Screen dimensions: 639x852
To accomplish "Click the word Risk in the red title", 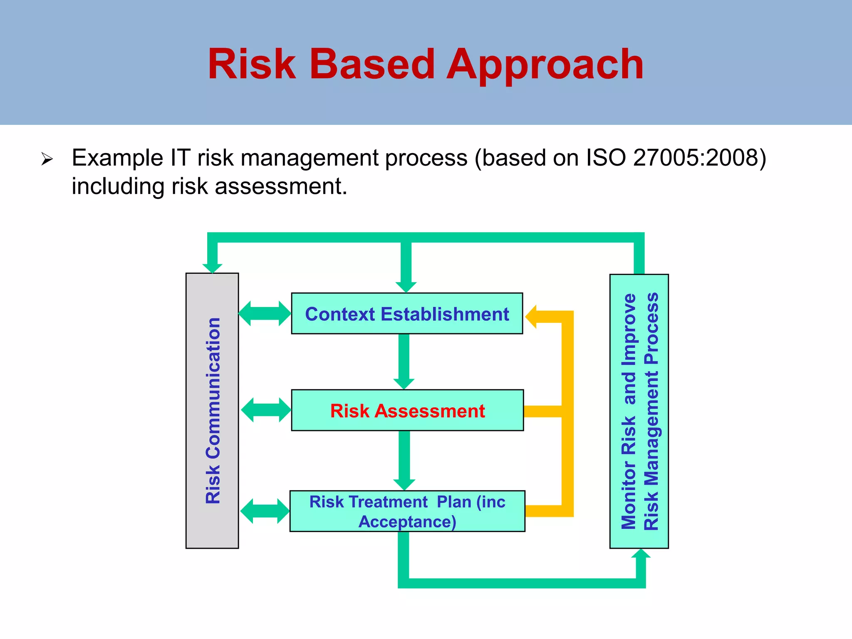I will (x=251, y=64).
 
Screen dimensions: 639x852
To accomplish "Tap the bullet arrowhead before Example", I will (x=47, y=159).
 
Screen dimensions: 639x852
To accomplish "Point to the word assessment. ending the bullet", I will (x=281, y=186).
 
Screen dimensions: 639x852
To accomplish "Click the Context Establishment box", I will (x=407, y=314).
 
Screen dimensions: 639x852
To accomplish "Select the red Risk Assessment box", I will (x=407, y=411).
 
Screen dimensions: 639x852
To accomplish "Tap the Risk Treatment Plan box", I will (x=407, y=511).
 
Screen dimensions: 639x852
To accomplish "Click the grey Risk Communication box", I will (x=212, y=411).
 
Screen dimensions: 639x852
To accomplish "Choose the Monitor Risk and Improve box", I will (x=639, y=411).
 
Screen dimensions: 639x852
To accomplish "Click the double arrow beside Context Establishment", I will (x=265, y=314).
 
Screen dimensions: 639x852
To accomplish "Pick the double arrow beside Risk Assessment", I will (x=266, y=410).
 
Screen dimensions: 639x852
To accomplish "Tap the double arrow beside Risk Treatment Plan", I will (x=265, y=511).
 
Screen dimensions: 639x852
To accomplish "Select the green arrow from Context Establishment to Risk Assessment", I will (x=404, y=361).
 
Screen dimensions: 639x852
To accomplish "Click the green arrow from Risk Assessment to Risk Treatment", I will (x=404, y=460).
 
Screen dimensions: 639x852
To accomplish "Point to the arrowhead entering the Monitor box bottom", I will (x=641, y=555).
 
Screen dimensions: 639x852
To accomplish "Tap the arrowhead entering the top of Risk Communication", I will (x=212, y=268).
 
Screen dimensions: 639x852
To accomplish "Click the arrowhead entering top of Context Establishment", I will (x=406, y=287).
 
